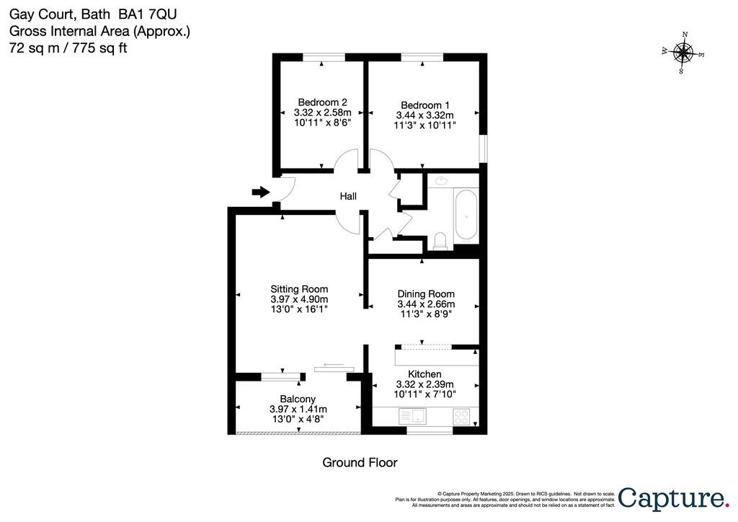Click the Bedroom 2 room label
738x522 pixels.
coord(322,102)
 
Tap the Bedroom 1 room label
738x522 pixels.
coord(425,105)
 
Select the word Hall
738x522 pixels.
coord(348,196)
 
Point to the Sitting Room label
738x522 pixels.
coord(299,289)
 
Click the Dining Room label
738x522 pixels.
coord(426,294)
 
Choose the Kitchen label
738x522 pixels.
coord(424,374)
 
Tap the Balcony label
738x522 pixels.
coord(298,399)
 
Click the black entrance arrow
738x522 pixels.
coord(261,192)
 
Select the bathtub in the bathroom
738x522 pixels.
coord(466,216)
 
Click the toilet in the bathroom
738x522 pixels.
coord(441,241)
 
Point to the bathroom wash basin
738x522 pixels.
coord(441,180)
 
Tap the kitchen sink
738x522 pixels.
coord(412,416)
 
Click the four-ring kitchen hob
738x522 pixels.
coord(461,417)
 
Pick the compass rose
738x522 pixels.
coord(683,53)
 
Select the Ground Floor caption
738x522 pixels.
coord(360,463)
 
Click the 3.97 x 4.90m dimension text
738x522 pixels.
coord(299,299)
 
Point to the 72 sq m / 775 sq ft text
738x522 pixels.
coord(68,48)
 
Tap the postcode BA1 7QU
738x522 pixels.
coord(147,14)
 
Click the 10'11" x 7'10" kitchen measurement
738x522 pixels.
coord(424,394)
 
